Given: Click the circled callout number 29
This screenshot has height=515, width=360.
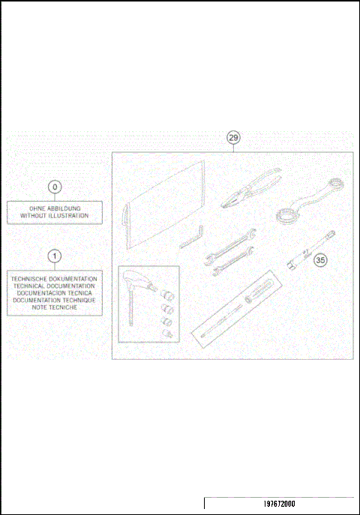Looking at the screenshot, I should [x=234, y=138].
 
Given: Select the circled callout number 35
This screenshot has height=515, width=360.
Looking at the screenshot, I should [x=320, y=261].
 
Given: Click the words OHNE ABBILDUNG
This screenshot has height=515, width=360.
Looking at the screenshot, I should [x=55, y=208].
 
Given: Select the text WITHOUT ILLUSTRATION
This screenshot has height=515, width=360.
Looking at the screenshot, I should [x=55, y=216].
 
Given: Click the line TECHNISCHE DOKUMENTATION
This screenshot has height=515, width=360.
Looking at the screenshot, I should [x=55, y=279].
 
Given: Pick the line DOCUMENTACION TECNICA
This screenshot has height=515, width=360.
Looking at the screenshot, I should [x=55, y=294].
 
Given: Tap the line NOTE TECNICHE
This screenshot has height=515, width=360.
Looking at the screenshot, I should [x=55, y=309].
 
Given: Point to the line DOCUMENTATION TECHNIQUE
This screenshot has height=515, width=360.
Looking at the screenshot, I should [x=55, y=301].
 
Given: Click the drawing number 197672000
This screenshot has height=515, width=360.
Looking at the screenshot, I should [x=278, y=505].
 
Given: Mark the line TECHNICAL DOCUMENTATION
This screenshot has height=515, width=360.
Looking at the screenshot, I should [x=55, y=286].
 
